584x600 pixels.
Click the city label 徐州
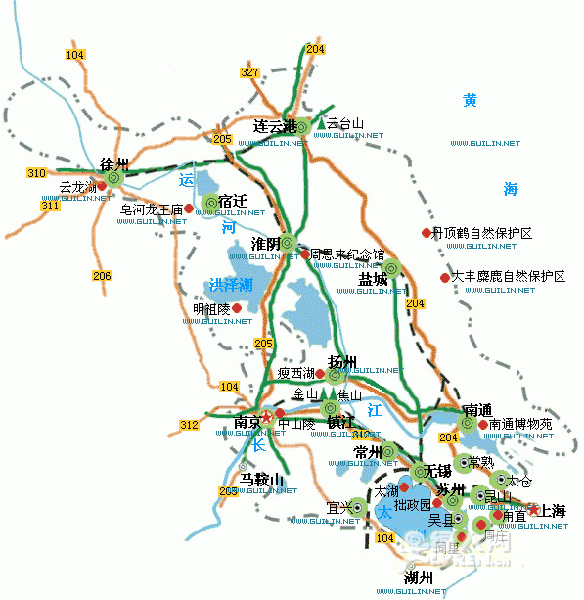tap(115, 163)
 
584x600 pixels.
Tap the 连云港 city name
tap(274, 126)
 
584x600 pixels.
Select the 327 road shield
tap(249, 73)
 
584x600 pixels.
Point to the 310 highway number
tap(37, 173)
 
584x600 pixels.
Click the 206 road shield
tap(103, 276)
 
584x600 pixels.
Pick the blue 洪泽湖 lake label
tap(230, 285)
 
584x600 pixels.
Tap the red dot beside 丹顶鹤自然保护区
tap(426, 233)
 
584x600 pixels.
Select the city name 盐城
tap(373, 279)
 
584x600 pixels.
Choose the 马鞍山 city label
tap(261, 480)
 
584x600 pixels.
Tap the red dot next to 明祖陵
tap(236, 307)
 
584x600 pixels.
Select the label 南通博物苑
tap(520, 425)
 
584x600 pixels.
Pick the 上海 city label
tap(546, 512)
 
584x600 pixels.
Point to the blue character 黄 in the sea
tap(471, 100)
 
